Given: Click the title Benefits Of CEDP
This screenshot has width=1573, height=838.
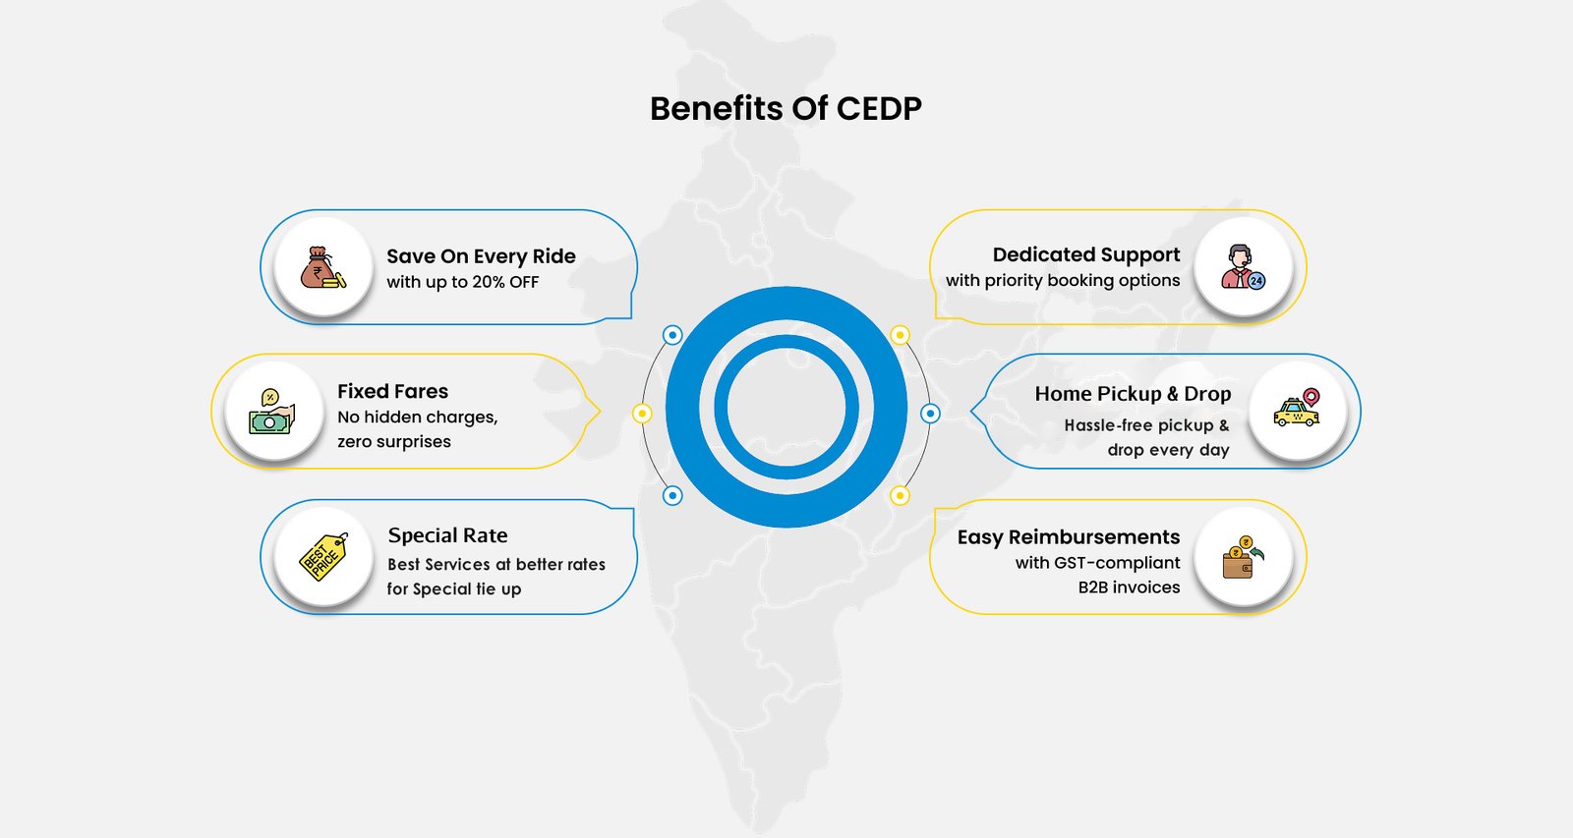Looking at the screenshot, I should [x=786, y=108].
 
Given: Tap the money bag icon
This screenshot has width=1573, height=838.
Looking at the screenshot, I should [x=322, y=267].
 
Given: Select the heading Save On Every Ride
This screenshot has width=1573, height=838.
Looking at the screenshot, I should [x=481, y=256].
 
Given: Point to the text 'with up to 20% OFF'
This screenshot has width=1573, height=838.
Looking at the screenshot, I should [x=462, y=282].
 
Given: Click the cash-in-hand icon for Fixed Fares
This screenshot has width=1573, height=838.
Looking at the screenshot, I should [x=272, y=412].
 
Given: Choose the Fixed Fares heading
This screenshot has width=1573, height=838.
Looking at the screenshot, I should [x=392, y=391].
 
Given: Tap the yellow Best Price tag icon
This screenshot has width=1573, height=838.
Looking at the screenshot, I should [x=323, y=557].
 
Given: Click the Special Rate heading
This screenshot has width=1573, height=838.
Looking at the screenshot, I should [x=447, y=535].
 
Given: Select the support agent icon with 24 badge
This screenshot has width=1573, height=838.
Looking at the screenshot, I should [x=1243, y=267].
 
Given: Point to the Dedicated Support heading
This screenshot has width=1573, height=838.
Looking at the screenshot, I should [x=1085, y=254].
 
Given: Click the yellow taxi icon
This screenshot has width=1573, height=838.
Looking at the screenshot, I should [x=1297, y=411].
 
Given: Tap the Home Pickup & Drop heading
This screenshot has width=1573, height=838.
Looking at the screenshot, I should [x=1133, y=394].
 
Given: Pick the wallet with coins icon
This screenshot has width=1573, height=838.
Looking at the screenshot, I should [x=1243, y=557].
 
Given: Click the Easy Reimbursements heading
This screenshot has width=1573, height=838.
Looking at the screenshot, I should [x=1068, y=537].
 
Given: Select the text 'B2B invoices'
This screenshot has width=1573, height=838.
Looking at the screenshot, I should [x=1129, y=587].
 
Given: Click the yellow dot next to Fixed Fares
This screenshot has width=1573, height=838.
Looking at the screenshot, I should [x=642, y=414].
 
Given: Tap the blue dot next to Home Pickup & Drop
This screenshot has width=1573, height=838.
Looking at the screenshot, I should [x=930, y=414].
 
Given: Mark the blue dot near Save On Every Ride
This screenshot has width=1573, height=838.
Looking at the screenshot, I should [x=672, y=335].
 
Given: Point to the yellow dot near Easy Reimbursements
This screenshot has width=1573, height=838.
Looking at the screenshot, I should [x=900, y=495].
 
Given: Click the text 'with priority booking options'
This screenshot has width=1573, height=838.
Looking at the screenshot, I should [x=1062, y=280].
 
